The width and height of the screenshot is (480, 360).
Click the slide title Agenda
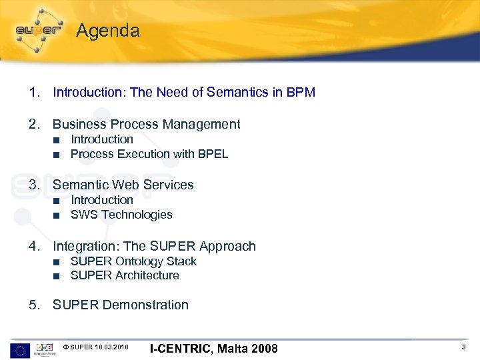[107, 31]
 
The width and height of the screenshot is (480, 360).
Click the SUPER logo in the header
[39, 30]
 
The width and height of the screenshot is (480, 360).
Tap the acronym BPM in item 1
[301, 92]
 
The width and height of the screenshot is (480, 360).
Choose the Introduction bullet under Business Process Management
[102, 139]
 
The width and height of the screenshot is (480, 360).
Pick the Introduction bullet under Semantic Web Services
[102, 200]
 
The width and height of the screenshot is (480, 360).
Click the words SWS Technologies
[121, 215]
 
